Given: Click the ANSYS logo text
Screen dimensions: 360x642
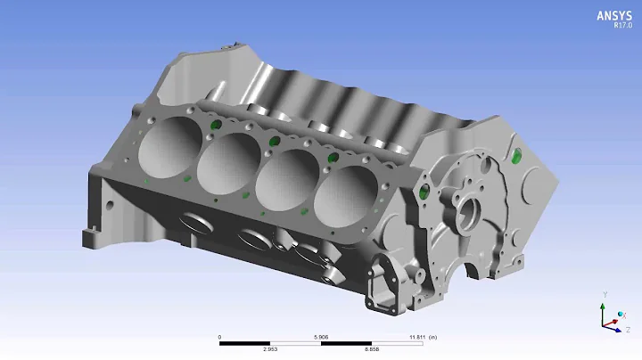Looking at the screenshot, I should [x=613, y=15].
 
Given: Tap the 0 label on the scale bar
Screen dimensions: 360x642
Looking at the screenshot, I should [x=219, y=337].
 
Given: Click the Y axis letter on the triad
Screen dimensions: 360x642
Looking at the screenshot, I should [x=605, y=294].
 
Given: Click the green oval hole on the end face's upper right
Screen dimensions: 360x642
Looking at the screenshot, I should [x=516, y=158].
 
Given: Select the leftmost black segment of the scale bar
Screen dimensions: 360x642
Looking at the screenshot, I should [x=244, y=344].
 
